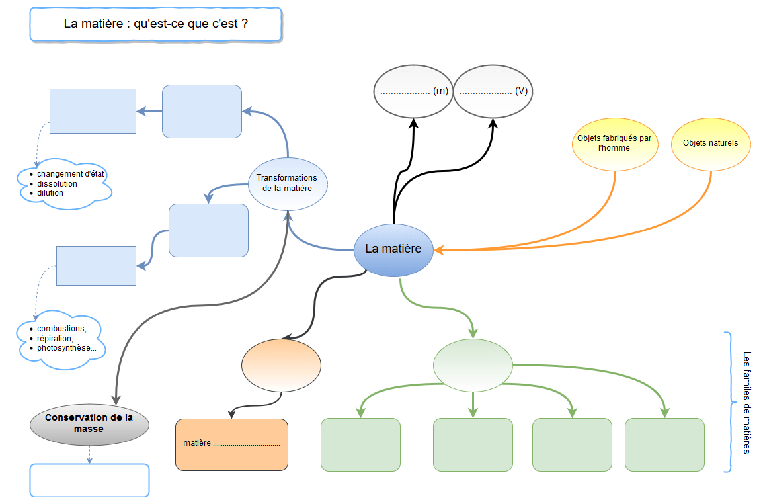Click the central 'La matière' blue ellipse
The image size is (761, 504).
(393, 249)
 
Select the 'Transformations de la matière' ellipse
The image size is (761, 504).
(287, 183)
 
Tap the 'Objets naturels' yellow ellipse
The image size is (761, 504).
(711, 144)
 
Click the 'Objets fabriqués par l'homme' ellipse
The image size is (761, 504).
(614, 144)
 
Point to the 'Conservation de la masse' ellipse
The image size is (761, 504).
(89, 423)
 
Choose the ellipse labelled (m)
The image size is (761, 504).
(413, 91)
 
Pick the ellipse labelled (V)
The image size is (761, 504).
(493, 91)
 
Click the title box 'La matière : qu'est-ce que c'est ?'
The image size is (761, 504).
(156, 24)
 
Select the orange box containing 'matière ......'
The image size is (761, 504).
(231, 444)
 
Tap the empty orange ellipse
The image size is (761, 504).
(281, 365)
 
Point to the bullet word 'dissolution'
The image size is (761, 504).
(58, 184)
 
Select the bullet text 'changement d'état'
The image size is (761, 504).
(71, 174)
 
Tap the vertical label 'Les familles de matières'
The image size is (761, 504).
(746, 402)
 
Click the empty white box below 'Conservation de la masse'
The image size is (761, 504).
(89, 480)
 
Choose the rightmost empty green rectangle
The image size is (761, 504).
(664, 444)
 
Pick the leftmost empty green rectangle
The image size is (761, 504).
(360, 444)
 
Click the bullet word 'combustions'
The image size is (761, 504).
(61, 329)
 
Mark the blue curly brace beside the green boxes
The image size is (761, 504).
(728, 402)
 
